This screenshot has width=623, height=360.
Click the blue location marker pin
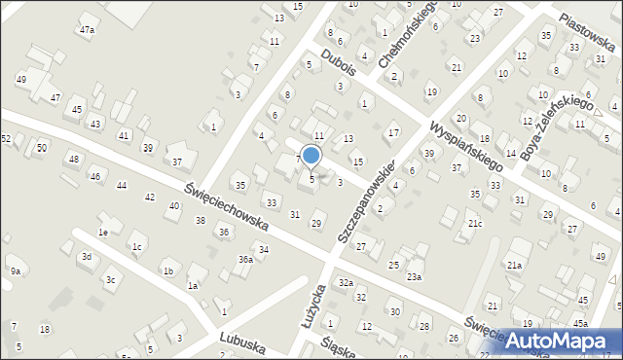point(311,155)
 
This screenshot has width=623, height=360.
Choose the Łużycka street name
point(309,315)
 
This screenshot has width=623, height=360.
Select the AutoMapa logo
point(561,340)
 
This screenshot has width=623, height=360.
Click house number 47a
point(88,30)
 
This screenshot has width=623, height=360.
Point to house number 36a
point(246,260)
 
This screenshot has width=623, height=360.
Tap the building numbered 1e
point(102,233)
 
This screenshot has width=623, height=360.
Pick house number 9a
point(15,270)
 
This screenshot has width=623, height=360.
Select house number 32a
point(345,282)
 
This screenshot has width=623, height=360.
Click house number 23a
point(415,277)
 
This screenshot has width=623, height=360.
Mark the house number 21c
point(474,224)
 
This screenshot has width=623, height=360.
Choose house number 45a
point(580,323)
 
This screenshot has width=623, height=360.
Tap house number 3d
point(87,257)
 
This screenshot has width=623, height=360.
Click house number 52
point(6,139)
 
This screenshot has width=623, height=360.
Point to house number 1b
point(168,271)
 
